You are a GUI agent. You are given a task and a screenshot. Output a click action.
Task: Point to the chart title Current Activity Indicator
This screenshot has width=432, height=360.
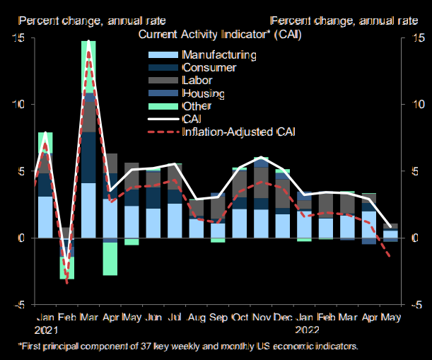(x=217, y=35)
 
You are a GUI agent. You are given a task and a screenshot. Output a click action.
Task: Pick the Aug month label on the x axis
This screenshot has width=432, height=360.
(x=197, y=318)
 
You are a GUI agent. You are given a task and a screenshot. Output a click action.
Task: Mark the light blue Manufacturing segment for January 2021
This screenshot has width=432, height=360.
(x=45, y=217)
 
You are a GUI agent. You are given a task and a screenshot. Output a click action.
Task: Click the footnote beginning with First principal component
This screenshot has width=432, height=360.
(x=188, y=347)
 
